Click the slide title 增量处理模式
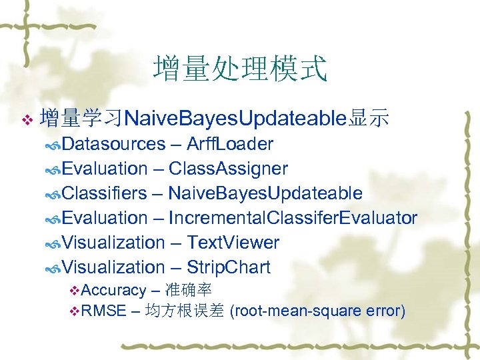(x=240, y=69)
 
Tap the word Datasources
(x=114, y=144)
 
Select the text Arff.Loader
(x=230, y=144)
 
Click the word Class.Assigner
(x=228, y=169)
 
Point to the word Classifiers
(x=105, y=193)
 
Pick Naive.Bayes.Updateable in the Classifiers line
(x=265, y=193)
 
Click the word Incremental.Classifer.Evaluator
(x=293, y=218)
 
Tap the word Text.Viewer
(x=233, y=243)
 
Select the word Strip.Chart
(x=229, y=267)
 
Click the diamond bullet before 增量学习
(x=27, y=120)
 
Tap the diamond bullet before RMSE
(x=75, y=311)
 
